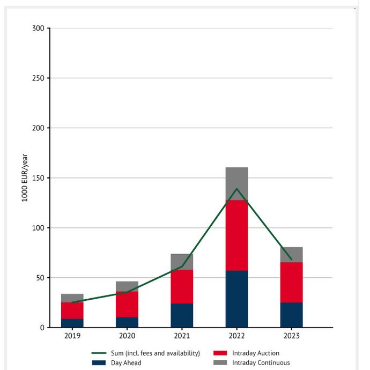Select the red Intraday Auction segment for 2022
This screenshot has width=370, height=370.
coord(236,235)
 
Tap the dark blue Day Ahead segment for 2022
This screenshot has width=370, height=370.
coord(236,299)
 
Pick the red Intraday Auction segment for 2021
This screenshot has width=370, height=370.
coord(182,286)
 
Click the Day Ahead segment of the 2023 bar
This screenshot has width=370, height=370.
coord(291,315)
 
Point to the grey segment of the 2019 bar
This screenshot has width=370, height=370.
coord(72,298)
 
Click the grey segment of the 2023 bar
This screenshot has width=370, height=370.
coord(291,254)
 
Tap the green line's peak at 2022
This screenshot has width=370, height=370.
coord(236,189)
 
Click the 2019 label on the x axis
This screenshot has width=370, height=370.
coord(72,336)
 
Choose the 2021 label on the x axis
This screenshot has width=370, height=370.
coord(182,336)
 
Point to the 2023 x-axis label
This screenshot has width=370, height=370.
coord(291,336)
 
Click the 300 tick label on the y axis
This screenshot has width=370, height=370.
coord(39,28)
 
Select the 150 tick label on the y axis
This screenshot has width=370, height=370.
coord(39,178)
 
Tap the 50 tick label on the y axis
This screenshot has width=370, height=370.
coord(40,278)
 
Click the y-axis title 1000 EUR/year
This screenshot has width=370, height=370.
coord(25,178)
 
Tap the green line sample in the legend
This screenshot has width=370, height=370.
coord(99,353)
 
